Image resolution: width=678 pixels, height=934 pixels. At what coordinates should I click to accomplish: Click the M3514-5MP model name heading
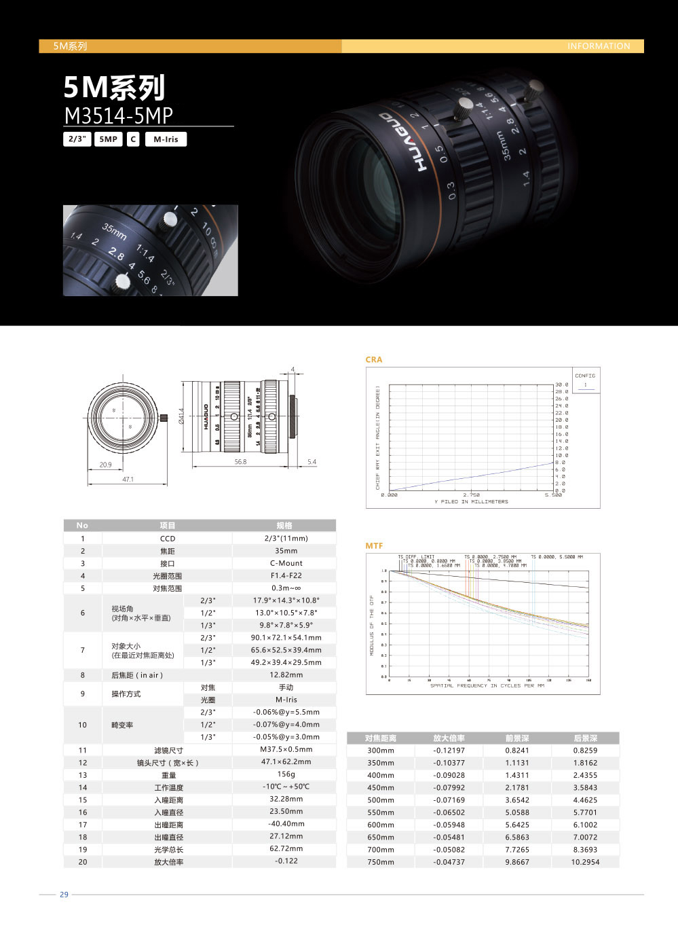119,115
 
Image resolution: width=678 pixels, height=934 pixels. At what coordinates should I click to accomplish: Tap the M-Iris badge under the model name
166,139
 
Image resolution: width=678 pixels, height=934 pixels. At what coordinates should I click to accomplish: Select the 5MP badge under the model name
108,139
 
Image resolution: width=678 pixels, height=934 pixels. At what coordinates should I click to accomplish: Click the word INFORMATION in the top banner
599,46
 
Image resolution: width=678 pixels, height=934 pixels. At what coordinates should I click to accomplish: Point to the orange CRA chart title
374,359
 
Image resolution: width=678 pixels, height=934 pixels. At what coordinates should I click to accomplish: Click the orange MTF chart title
374,545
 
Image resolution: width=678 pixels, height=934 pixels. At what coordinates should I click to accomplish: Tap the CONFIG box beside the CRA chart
584,380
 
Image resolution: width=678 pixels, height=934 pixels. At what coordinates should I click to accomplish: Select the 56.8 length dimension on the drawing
240,462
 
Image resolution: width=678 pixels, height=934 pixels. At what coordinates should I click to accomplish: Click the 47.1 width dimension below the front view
128,479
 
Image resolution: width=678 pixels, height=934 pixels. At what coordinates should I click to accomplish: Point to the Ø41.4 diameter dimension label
181,416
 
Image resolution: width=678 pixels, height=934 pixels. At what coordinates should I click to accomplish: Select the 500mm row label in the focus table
381,800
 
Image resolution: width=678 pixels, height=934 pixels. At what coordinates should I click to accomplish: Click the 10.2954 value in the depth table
585,862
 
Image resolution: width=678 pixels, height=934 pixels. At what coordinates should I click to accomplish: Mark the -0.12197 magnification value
449,751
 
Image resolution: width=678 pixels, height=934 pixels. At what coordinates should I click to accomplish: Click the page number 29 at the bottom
64,895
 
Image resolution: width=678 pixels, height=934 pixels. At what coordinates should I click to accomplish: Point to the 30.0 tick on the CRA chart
561,384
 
